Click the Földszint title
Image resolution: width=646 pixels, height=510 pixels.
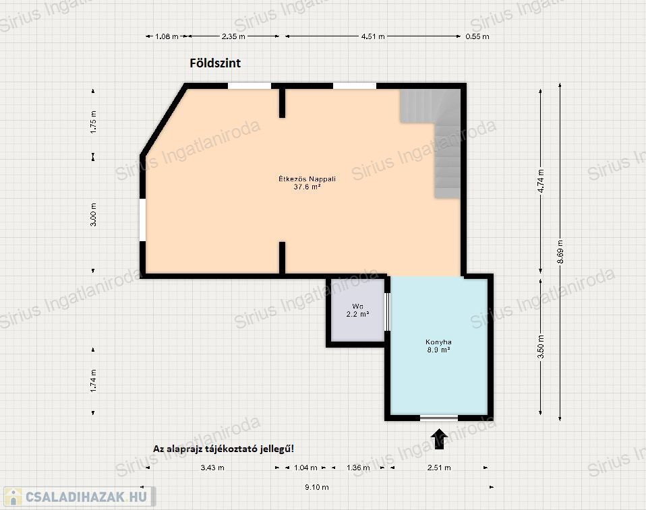[215, 63]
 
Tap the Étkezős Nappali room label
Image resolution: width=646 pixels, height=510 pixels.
[307, 179]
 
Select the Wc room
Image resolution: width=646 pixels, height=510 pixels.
[357, 311]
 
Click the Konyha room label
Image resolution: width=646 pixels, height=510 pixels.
[438, 342]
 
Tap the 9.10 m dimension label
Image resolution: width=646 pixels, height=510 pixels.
[317, 487]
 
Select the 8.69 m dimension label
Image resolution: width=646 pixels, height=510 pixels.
[560, 251]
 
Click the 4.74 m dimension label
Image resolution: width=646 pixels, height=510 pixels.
[541, 181]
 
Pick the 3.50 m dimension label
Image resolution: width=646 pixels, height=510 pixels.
[541, 346]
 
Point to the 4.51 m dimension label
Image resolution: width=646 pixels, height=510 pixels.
[373, 36]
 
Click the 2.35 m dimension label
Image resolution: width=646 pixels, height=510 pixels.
[233, 36]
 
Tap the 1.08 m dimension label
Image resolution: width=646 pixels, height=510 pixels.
[167, 36]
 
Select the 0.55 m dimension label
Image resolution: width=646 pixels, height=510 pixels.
[477, 36]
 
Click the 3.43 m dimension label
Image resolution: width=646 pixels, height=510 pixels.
[212, 468]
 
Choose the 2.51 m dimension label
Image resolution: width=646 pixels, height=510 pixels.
[439, 468]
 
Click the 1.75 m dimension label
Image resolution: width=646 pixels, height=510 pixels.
[94, 122]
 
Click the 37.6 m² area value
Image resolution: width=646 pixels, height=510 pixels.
[307, 187]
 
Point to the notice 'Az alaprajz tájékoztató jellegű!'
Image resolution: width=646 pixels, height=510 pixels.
[224, 449]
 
